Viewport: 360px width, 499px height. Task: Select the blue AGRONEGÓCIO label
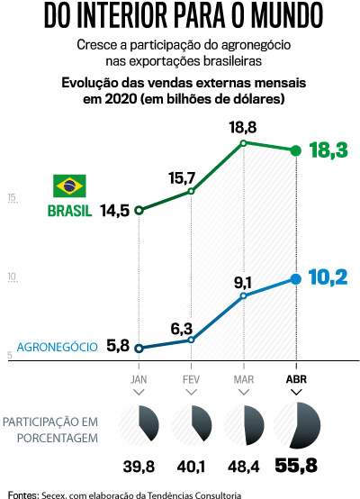tap(58, 346)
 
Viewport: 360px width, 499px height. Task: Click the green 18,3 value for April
tap(328, 150)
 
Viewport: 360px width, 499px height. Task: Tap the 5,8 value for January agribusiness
tap(118, 345)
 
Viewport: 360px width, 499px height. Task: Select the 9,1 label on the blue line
tap(244, 279)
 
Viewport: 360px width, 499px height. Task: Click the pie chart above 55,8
tap(295, 425)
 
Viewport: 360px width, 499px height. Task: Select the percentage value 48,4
tap(244, 467)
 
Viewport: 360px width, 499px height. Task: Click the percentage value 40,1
tap(191, 467)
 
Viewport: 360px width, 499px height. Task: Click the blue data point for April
tap(295, 279)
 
